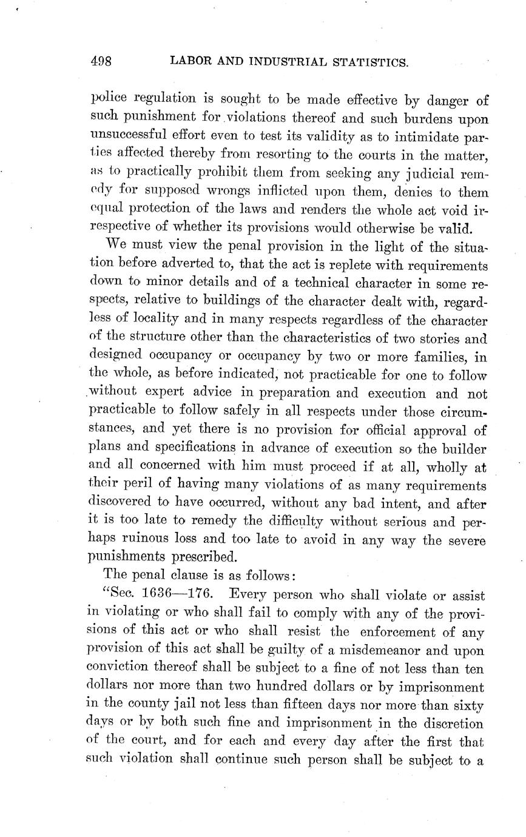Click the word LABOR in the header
[x=192, y=61]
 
